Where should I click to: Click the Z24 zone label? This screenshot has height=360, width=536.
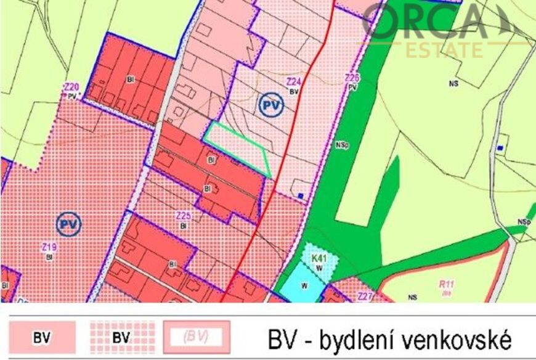point(293,81)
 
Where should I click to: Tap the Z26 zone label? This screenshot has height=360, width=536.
point(352,78)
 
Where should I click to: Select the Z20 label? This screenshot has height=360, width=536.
point(71,88)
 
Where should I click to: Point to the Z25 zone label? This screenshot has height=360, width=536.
point(183,216)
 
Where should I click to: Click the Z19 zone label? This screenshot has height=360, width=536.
point(49,247)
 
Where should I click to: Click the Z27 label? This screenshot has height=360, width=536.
point(365,296)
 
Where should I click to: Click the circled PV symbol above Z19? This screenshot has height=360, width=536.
point(68,224)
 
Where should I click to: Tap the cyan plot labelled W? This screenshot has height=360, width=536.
point(304,284)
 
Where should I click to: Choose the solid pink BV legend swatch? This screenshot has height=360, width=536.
point(42,338)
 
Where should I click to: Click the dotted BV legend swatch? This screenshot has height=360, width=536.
point(122,338)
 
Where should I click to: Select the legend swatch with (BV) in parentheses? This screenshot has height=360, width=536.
point(197,338)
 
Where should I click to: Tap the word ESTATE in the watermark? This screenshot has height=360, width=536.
point(444,49)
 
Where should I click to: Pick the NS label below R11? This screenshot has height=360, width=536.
point(412,298)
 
